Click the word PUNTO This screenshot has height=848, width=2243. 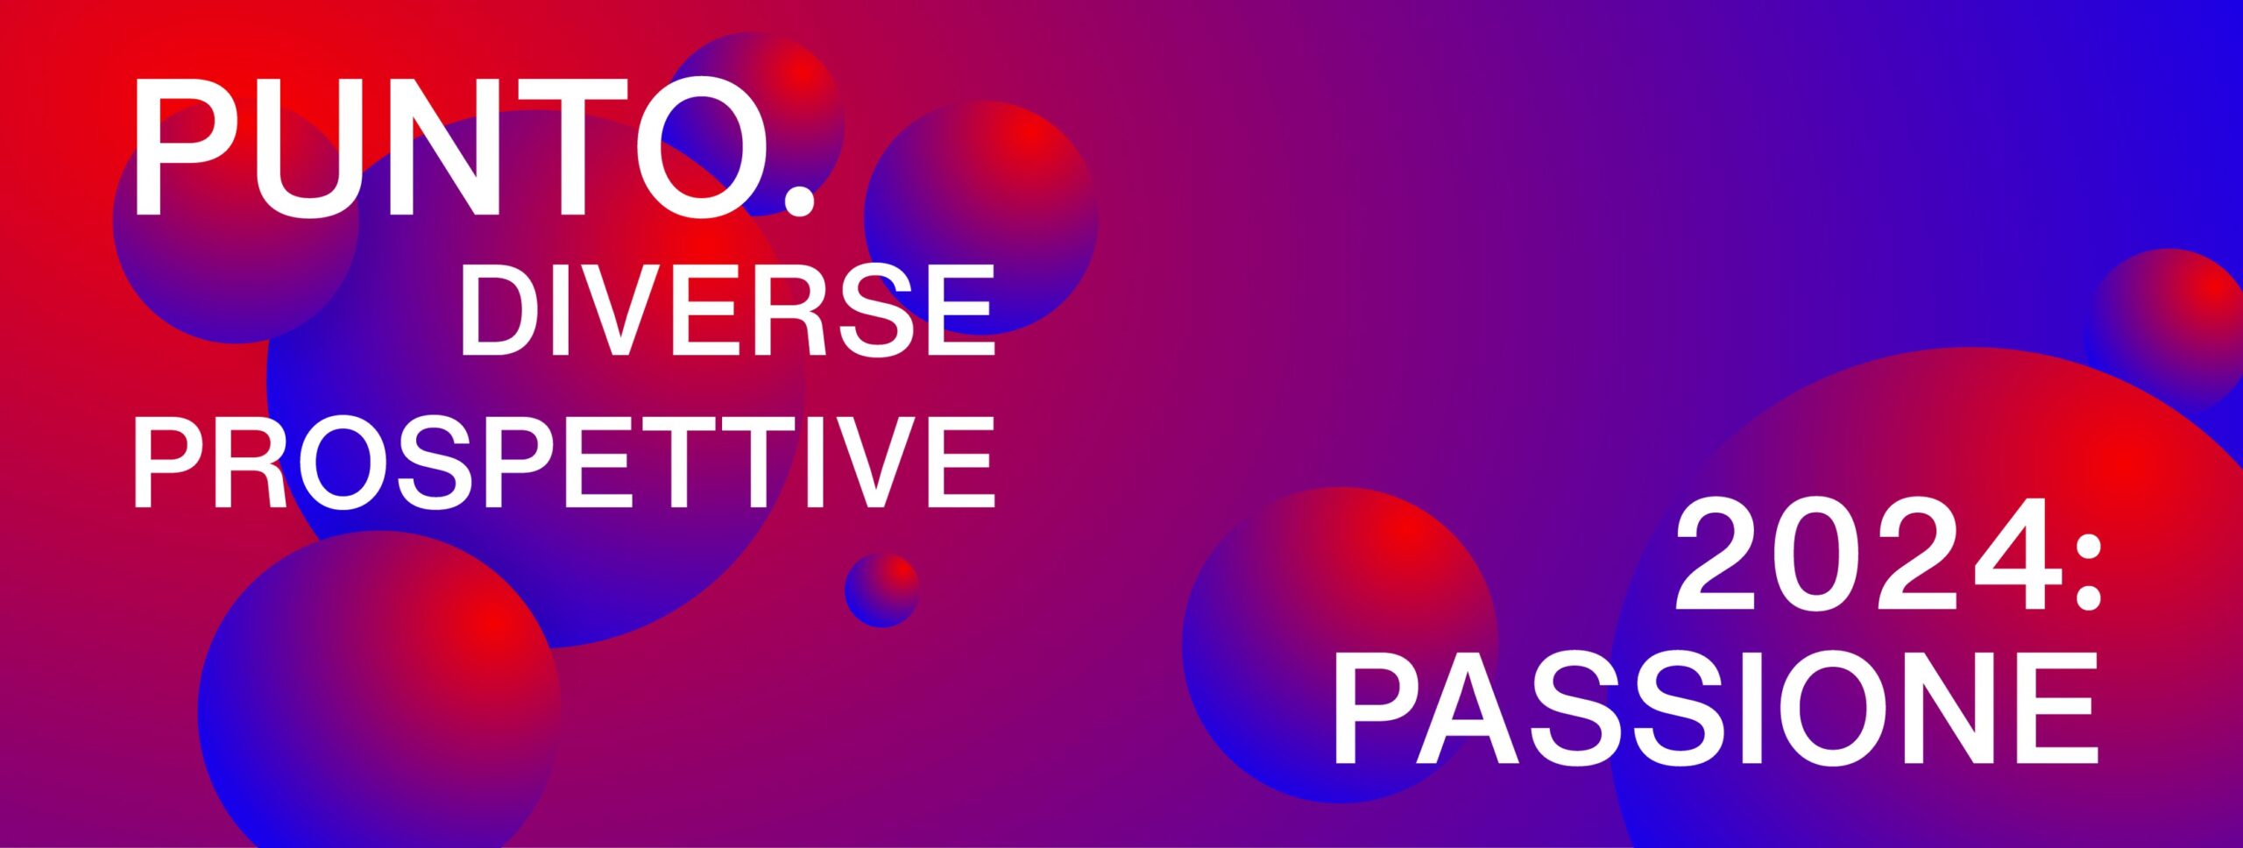(473, 147)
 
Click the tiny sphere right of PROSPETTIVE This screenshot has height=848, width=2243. (881, 590)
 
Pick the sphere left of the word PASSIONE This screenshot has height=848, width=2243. (1340, 645)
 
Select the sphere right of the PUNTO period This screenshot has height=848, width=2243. (980, 218)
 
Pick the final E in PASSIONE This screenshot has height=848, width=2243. (2062, 708)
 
